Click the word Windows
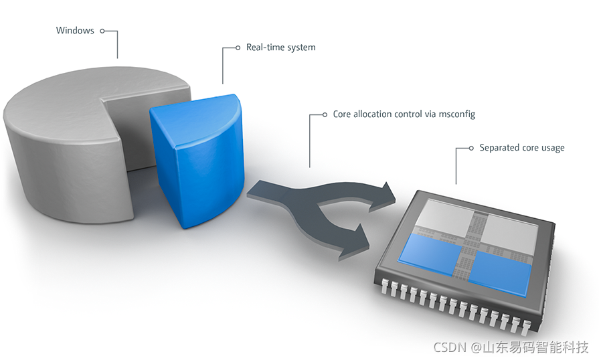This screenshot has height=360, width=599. pyautogui.click(x=75, y=30)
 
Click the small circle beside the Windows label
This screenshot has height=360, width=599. pyautogui.click(x=102, y=30)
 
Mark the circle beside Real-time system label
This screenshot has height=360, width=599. pyautogui.click(x=238, y=48)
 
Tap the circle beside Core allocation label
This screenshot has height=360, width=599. pyautogui.click(x=326, y=114)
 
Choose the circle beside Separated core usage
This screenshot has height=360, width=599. pyautogui.click(x=472, y=147)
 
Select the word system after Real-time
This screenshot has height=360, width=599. pyautogui.click(x=301, y=48)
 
